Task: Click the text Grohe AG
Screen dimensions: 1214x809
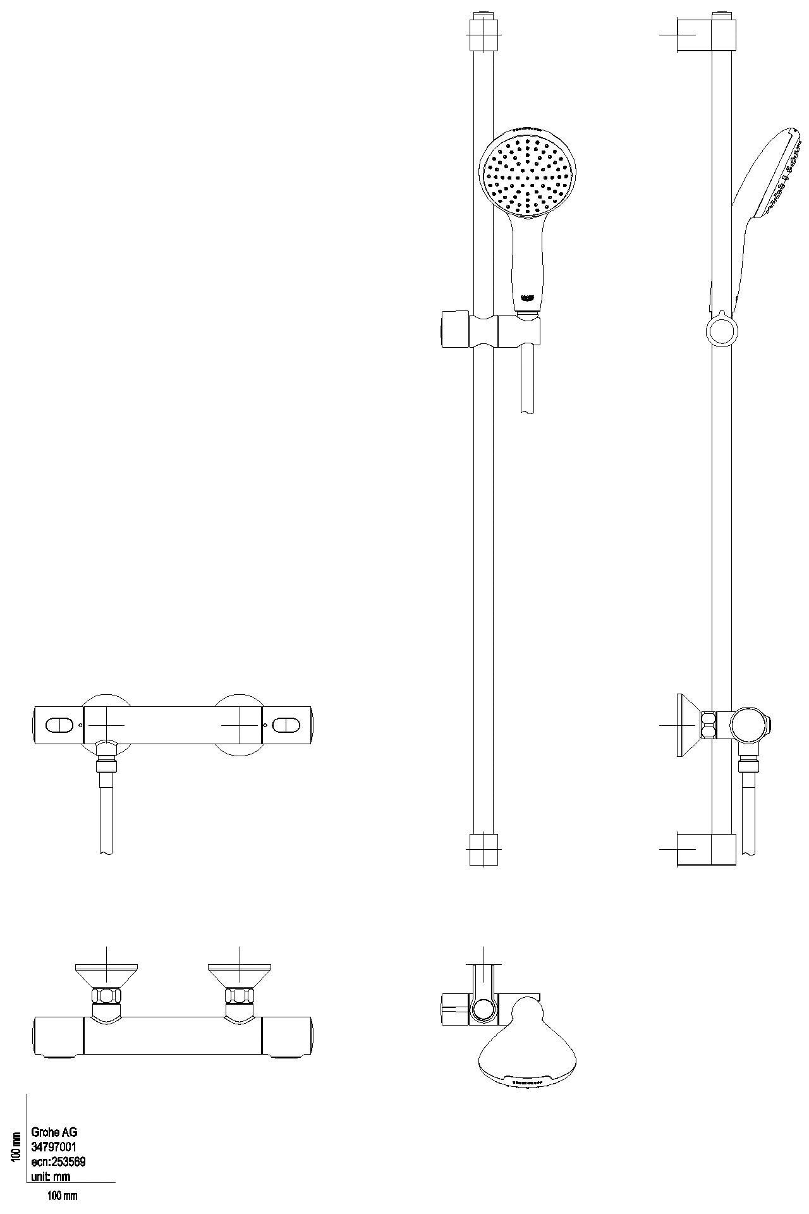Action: point(54,1132)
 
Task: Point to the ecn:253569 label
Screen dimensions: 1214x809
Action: point(58,1162)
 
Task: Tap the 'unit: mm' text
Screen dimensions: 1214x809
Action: point(51,1177)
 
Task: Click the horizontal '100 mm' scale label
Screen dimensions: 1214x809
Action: point(63,1196)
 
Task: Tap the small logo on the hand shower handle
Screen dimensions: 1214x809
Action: point(527,297)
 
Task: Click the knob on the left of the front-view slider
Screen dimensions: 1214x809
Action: point(453,329)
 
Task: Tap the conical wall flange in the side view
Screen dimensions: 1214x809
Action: point(686,725)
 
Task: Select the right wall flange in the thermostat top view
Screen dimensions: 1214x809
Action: point(240,974)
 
